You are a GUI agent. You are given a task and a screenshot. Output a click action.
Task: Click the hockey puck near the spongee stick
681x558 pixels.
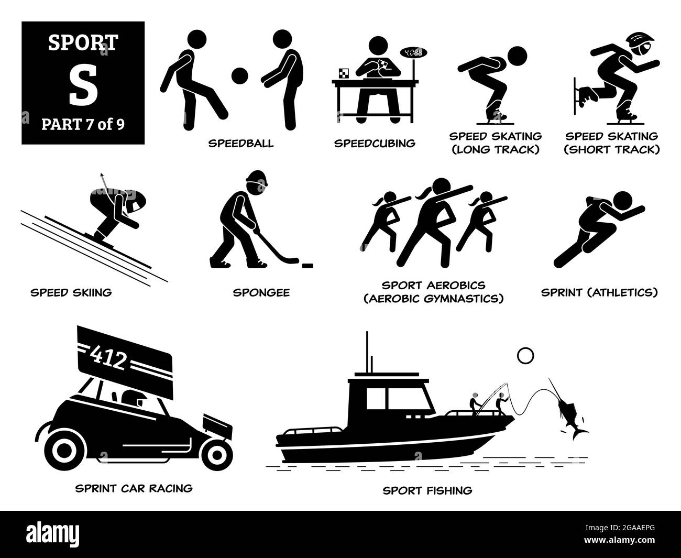[x=295, y=259]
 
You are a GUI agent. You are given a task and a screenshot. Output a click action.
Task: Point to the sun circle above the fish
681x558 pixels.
[x=525, y=356]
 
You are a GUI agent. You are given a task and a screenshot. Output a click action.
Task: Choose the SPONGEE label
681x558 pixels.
[x=261, y=292]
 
